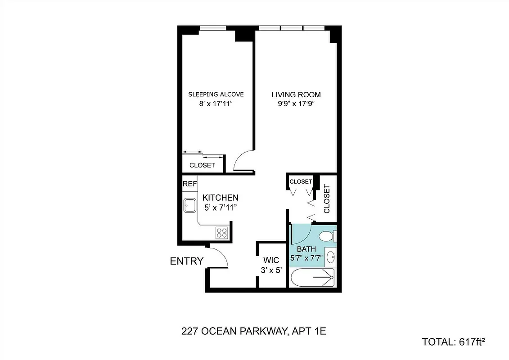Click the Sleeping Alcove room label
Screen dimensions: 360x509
pyautogui.click(x=216, y=94)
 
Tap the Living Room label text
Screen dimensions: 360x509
pyautogui.click(x=296, y=94)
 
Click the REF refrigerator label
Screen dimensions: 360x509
pyautogui.click(x=189, y=184)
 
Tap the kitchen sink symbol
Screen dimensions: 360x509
pyautogui.click(x=189, y=206)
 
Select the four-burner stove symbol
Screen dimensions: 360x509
pyautogui.click(x=222, y=232)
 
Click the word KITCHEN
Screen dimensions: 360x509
pyautogui.click(x=220, y=198)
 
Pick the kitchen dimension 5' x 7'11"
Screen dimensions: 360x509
pyautogui.click(x=220, y=207)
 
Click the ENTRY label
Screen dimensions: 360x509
pyautogui.click(x=186, y=261)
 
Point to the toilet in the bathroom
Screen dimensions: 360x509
pyautogui.click(x=327, y=235)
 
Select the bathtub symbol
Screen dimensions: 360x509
pyautogui.click(x=312, y=278)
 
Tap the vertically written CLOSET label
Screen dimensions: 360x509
pyautogui.click(x=327, y=199)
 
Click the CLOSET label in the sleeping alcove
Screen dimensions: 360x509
pyautogui.click(x=202, y=165)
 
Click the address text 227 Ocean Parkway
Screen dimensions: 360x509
pyautogui.click(x=253, y=332)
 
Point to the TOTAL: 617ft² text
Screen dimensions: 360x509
pyautogui.click(x=454, y=342)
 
